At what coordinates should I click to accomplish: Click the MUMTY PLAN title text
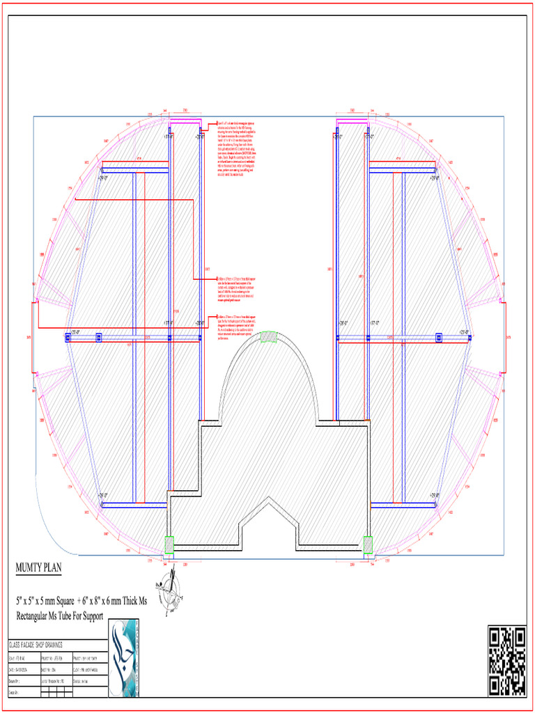(x=39, y=568)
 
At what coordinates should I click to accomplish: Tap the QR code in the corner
(x=506, y=661)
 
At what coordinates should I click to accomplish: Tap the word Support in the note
(x=90, y=616)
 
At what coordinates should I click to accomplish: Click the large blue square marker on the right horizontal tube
(x=438, y=338)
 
